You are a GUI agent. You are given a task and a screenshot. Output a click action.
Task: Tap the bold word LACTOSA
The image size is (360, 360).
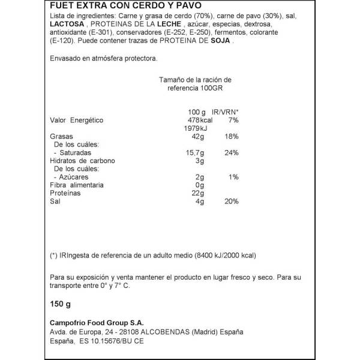pyautogui.click(x=65, y=25)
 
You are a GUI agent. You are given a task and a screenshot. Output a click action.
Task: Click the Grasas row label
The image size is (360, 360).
pyautogui.click(x=61, y=137)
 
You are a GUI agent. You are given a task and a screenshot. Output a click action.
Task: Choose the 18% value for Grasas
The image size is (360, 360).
pyautogui.click(x=232, y=137)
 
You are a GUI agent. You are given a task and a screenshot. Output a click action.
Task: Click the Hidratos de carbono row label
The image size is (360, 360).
pyautogui.click(x=82, y=161)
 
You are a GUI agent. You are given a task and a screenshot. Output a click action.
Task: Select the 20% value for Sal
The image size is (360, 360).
pyautogui.click(x=232, y=202)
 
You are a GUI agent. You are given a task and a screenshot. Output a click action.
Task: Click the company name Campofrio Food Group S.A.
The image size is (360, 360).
pyautogui.click(x=97, y=323)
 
